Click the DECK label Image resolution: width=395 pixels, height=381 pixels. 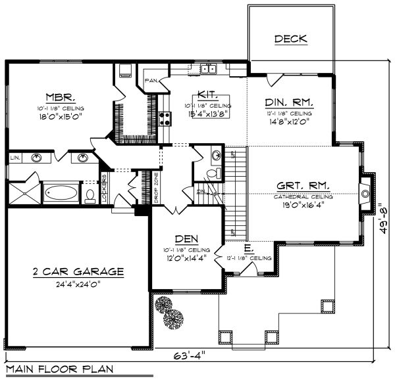tap(290, 39)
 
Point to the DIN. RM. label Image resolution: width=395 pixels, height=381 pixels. tap(289, 102)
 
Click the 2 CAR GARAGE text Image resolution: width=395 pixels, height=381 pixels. tap(78, 271)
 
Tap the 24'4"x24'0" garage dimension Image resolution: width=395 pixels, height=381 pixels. tap(78, 284)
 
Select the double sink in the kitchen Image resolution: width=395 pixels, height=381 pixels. tap(209, 68)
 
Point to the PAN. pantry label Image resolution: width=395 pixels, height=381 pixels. tap(150, 81)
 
